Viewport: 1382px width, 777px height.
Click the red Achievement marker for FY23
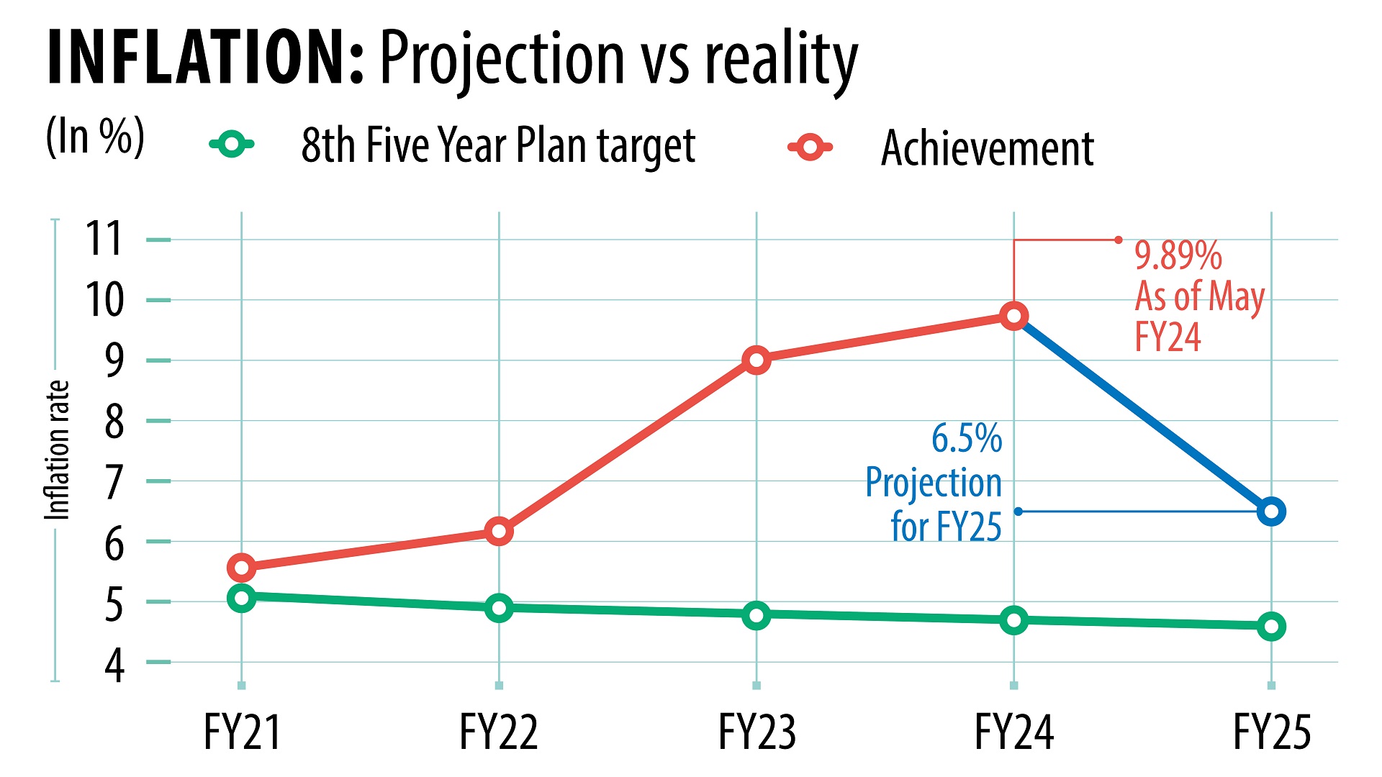pos(756,360)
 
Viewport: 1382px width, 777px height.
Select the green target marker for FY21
pos(242,598)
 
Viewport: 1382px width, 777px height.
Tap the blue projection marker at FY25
pos(1271,512)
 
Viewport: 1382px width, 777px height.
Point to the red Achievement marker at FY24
pos(1013,316)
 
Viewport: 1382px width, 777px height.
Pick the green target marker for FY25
pos(1271,627)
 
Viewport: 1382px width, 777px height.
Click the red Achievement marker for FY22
pos(499,532)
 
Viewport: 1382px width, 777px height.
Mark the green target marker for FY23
pos(756,615)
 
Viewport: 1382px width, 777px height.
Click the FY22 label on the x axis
pos(499,732)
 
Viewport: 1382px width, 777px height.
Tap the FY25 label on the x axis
pos(1272,732)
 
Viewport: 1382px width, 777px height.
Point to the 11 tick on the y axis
pos(104,239)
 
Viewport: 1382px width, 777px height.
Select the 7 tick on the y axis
pos(114,482)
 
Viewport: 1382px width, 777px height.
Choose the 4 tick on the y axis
pos(114,665)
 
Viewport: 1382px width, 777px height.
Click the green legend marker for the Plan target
pos(232,145)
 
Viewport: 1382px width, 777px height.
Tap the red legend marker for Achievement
pos(810,147)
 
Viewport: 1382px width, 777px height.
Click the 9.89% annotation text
pos(1178,255)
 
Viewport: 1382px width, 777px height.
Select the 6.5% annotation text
pos(966,438)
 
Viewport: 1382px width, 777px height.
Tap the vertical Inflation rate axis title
pos(58,450)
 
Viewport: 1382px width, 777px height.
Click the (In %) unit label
pos(95,136)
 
